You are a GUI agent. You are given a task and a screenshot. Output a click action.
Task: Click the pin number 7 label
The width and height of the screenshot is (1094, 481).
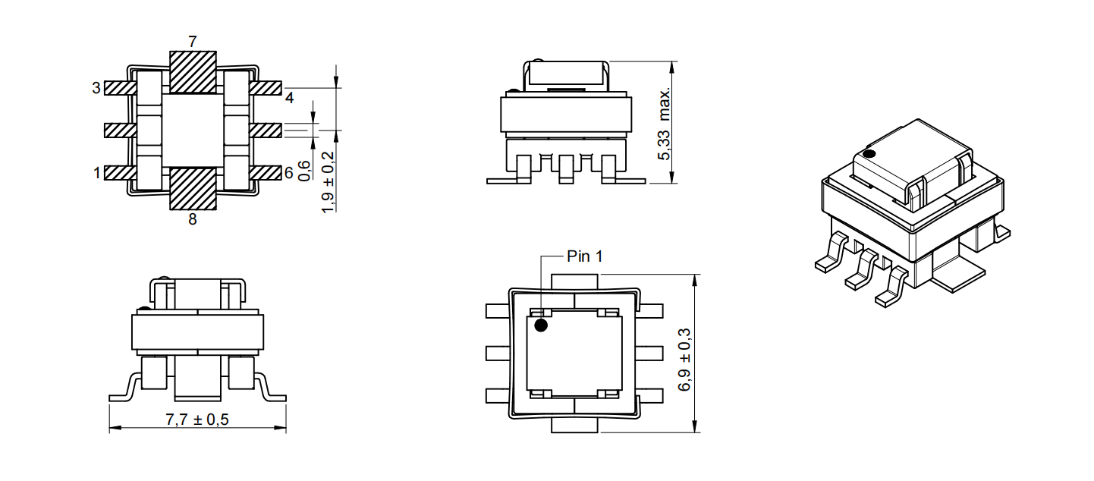(193, 42)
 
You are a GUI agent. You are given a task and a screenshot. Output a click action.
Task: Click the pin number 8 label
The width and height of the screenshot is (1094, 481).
(193, 220)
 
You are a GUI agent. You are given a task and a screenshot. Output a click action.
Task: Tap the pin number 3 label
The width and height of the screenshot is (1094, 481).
(96, 88)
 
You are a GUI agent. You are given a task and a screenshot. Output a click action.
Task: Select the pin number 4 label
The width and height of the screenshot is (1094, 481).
(290, 98)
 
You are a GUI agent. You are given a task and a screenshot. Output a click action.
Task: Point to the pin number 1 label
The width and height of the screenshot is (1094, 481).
(96, 173)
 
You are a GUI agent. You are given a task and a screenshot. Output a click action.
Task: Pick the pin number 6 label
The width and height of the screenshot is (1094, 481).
(288, 173)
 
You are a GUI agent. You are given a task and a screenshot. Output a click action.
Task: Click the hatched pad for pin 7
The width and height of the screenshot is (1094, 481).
(193, 72)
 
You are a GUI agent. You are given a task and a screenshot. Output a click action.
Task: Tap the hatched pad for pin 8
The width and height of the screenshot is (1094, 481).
(193, 189)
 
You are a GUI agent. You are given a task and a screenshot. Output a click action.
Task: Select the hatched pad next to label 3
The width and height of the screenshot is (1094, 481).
(120, 88)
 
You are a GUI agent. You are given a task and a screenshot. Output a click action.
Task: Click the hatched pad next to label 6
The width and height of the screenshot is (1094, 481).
(266, 173)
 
